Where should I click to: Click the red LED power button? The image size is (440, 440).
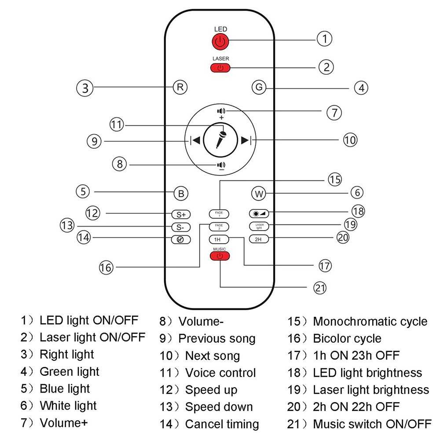(x=220, y=42)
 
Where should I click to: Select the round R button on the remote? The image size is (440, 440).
(x=180, y=87)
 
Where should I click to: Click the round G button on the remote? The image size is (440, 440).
(x=259, y=87)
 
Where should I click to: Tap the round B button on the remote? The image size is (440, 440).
(x=180, y=193)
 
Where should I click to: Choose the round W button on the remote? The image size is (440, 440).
(x=259, y=193)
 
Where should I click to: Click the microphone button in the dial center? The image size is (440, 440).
(x=220, y=140)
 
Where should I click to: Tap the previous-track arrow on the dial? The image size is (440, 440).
(x=195, y=140)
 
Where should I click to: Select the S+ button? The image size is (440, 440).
(x=180, y=215)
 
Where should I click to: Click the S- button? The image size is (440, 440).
(x=180, y=227)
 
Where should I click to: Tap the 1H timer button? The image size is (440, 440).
(x=218, y=239)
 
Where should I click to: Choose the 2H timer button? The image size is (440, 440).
(x=258, y=239)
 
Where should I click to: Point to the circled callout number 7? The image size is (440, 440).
(x=334, y=112)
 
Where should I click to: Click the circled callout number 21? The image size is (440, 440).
(x=320, y=288)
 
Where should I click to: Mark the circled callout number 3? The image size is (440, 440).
(x=85, y=88)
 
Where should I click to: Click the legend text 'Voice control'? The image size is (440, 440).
(x=220, y=373)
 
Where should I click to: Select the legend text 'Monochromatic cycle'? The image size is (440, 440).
(x=370, y=322)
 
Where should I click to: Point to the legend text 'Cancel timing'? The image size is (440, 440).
(x=222, y=424)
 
